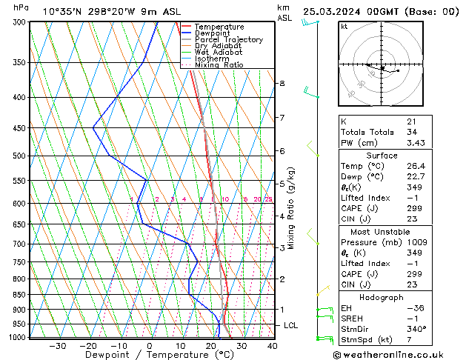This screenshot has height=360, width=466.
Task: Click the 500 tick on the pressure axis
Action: click(x=19, y=156)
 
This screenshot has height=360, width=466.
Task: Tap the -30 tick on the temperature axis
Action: click(x=57, y=345)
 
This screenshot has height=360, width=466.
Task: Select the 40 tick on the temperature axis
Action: click(x=272, y=345)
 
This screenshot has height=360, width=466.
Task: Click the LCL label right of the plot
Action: click(x=291, y=325)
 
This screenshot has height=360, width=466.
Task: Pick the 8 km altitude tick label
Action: click(x=282, y=84)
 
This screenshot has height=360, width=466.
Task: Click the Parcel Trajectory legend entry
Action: click(x=228, y=40)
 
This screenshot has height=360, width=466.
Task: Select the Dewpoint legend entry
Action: click(x=212, y=33)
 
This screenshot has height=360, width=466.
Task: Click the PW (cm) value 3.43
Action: click(x=413, y=142)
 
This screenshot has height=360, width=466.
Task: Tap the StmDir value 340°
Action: click(x=415, y=329)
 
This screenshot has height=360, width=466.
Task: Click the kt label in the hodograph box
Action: click(x=344, y=26)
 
